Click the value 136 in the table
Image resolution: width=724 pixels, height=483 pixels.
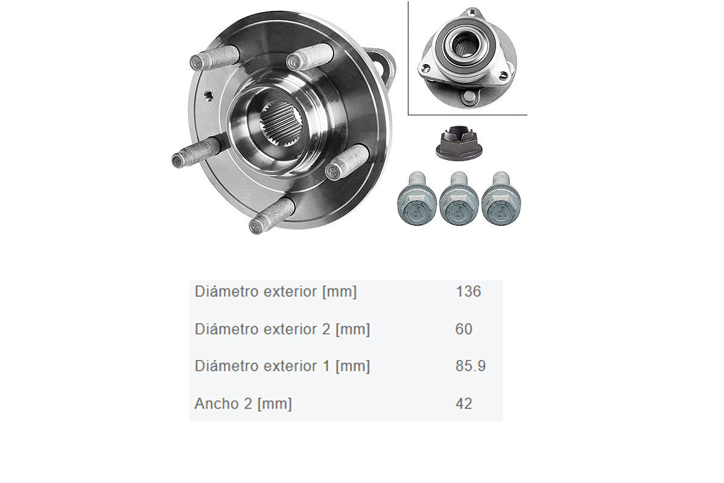tap(468, 292)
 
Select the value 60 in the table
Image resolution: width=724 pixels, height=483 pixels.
tap(464, 329)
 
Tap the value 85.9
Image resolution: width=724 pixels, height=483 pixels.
tap(471, 366)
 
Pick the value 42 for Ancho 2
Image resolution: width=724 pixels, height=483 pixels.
tap(464, 403)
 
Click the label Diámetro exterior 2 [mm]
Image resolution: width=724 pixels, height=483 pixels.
tap(282, 329)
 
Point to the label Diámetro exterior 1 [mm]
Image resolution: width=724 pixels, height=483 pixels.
tap(282, 366)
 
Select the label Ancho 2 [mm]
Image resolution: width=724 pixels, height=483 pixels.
tap(243, 404)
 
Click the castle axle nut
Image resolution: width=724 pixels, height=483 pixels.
tap(459, 142)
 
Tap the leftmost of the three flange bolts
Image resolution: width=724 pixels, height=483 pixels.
tap(417, 199)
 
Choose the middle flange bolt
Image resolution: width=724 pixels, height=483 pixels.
tap(459, 199)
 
